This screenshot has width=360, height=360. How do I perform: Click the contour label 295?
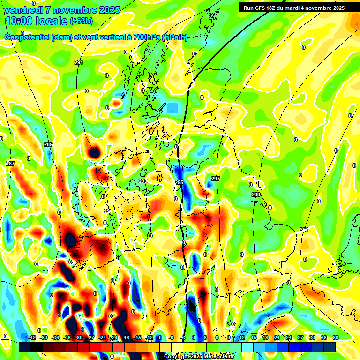(179, 182)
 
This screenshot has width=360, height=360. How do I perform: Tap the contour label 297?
(215, 179)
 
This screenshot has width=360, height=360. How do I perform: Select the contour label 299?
(255, 195)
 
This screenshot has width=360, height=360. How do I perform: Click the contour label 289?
(48, 145)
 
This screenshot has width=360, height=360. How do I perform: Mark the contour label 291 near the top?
(78, 62)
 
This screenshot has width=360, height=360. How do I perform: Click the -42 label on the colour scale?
(32, 337)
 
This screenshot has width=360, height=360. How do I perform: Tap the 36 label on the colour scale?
(336, 337)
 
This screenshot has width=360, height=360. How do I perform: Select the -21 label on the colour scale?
(114, 337)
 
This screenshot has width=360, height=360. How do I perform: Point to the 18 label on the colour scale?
(265, 337)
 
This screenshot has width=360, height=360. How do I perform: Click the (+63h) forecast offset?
(81, 21)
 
